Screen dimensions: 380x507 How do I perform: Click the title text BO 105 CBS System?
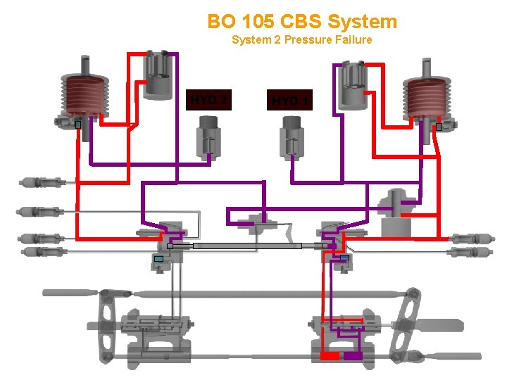point(302,21)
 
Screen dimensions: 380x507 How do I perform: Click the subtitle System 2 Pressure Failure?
point(301,39)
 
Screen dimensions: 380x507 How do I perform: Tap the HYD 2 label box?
point(208,100)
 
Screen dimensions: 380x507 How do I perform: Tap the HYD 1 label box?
point(289,101)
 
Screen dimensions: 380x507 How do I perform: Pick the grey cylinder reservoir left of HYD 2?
point(158,75)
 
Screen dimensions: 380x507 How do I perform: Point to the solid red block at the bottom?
point(330,356)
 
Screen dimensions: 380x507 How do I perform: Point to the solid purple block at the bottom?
point(353,356)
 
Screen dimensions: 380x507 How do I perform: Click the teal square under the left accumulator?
point(79,125)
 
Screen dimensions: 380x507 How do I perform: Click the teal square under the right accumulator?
point(439,127)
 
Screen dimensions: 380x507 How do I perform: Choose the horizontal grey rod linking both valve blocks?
point(246,246)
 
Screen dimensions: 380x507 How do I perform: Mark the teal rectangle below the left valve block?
point(158,259)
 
